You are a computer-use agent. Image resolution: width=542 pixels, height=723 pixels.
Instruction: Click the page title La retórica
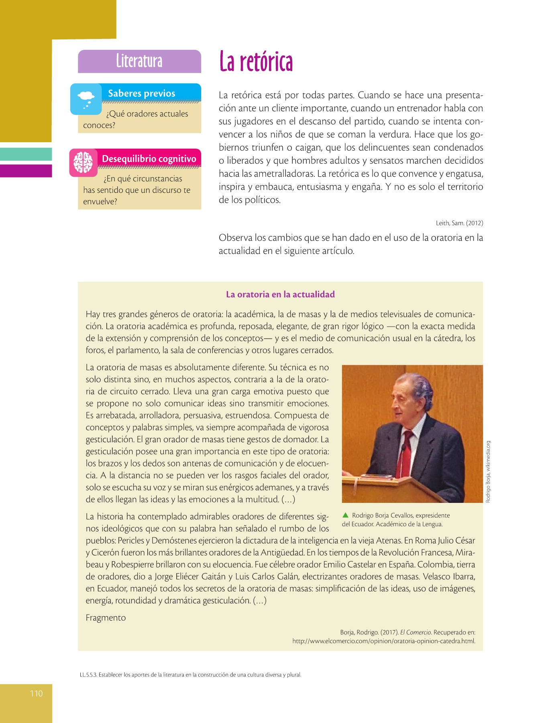pos(256,62)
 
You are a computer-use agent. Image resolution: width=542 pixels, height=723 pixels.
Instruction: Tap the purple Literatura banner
pos(139,61)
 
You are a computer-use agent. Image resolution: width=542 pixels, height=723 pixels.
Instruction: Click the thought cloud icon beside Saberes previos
pos(86,99)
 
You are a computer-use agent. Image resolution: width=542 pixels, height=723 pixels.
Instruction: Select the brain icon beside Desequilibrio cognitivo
pos(84,163)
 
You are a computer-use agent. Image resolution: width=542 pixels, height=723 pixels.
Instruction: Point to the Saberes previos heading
pos(141,93)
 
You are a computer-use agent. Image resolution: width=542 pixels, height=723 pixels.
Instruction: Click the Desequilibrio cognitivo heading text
pos(149,159)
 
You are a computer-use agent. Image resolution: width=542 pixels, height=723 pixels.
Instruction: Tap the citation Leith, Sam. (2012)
pos(459,223)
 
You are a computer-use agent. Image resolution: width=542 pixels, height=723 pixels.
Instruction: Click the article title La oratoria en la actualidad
pos(280,294)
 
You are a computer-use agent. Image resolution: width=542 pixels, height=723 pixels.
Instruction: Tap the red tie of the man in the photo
pos(406,454)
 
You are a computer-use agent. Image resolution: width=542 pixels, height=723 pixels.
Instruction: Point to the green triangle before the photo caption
pos(345,515)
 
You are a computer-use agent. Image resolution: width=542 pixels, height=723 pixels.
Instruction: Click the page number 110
pos(36,693)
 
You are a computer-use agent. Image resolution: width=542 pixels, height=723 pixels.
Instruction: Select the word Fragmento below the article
pos(106,618)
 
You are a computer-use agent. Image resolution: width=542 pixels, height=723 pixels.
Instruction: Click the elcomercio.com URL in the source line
pos(384,641)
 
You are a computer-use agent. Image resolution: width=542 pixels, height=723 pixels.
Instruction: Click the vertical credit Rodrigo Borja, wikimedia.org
pos(488,472)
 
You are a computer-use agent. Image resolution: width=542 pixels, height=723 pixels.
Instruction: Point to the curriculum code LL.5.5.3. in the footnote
pos(88,675)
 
